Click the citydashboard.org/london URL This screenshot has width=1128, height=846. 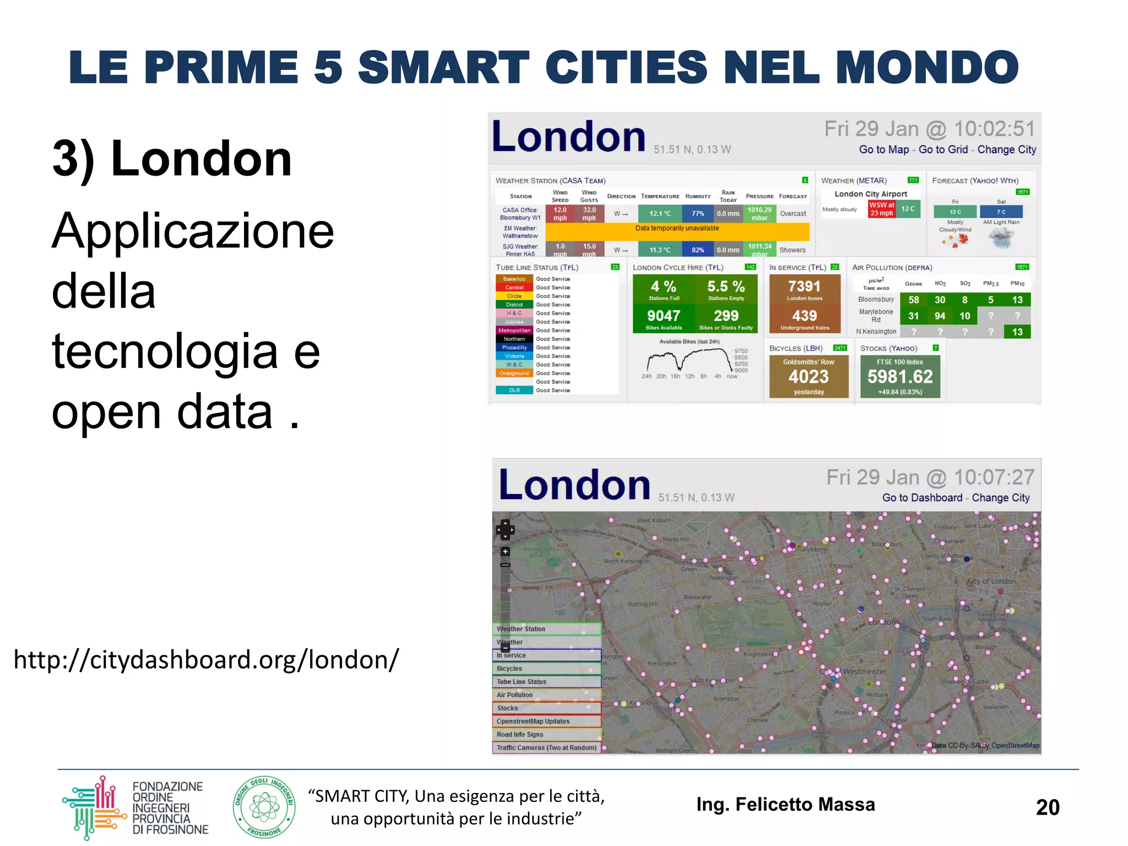(206, 660)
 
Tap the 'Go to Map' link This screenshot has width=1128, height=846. (883, 149)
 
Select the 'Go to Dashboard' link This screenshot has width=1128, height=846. (922, 497)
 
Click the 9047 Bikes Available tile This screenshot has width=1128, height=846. (664, 319)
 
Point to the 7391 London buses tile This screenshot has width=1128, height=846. (804, 290)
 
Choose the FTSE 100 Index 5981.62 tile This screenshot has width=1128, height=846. (900, 377)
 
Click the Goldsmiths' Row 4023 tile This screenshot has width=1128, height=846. (809, 377)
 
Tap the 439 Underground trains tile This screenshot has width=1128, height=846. (804, 319)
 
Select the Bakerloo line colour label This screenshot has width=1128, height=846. (514, 279)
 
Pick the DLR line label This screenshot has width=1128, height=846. (514, 391)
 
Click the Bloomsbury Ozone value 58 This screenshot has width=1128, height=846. (914, 300)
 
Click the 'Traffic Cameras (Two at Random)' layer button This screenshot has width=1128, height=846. (546, 748)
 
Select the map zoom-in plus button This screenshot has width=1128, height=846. (505, 551)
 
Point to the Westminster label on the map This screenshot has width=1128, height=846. (865, 671)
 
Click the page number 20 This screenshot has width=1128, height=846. (1047, 807)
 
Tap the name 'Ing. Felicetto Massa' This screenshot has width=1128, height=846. (785, 805)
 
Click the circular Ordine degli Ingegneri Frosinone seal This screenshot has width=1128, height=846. (264, 807)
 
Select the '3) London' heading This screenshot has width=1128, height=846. (172, 159)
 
